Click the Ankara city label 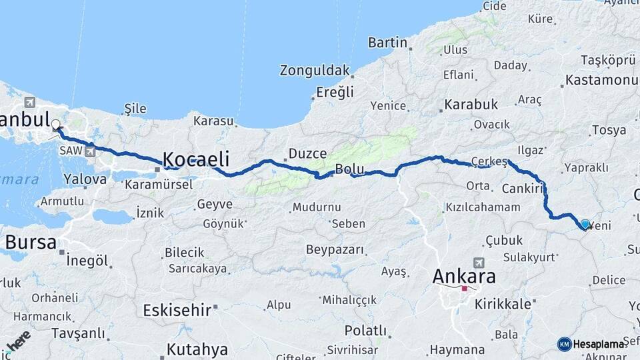coord(464,276)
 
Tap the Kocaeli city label coord(196,159)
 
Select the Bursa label coord(31,242)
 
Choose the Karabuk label coord(471,105)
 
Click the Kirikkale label coord(503,304)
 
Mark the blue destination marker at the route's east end coord(585,225)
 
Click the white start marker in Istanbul coord(56,124)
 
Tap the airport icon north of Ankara coord(479,263)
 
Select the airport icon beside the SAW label coord(89,151)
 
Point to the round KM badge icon coord(564,344)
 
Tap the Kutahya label coord(197,349)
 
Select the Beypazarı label coord(335,249)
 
